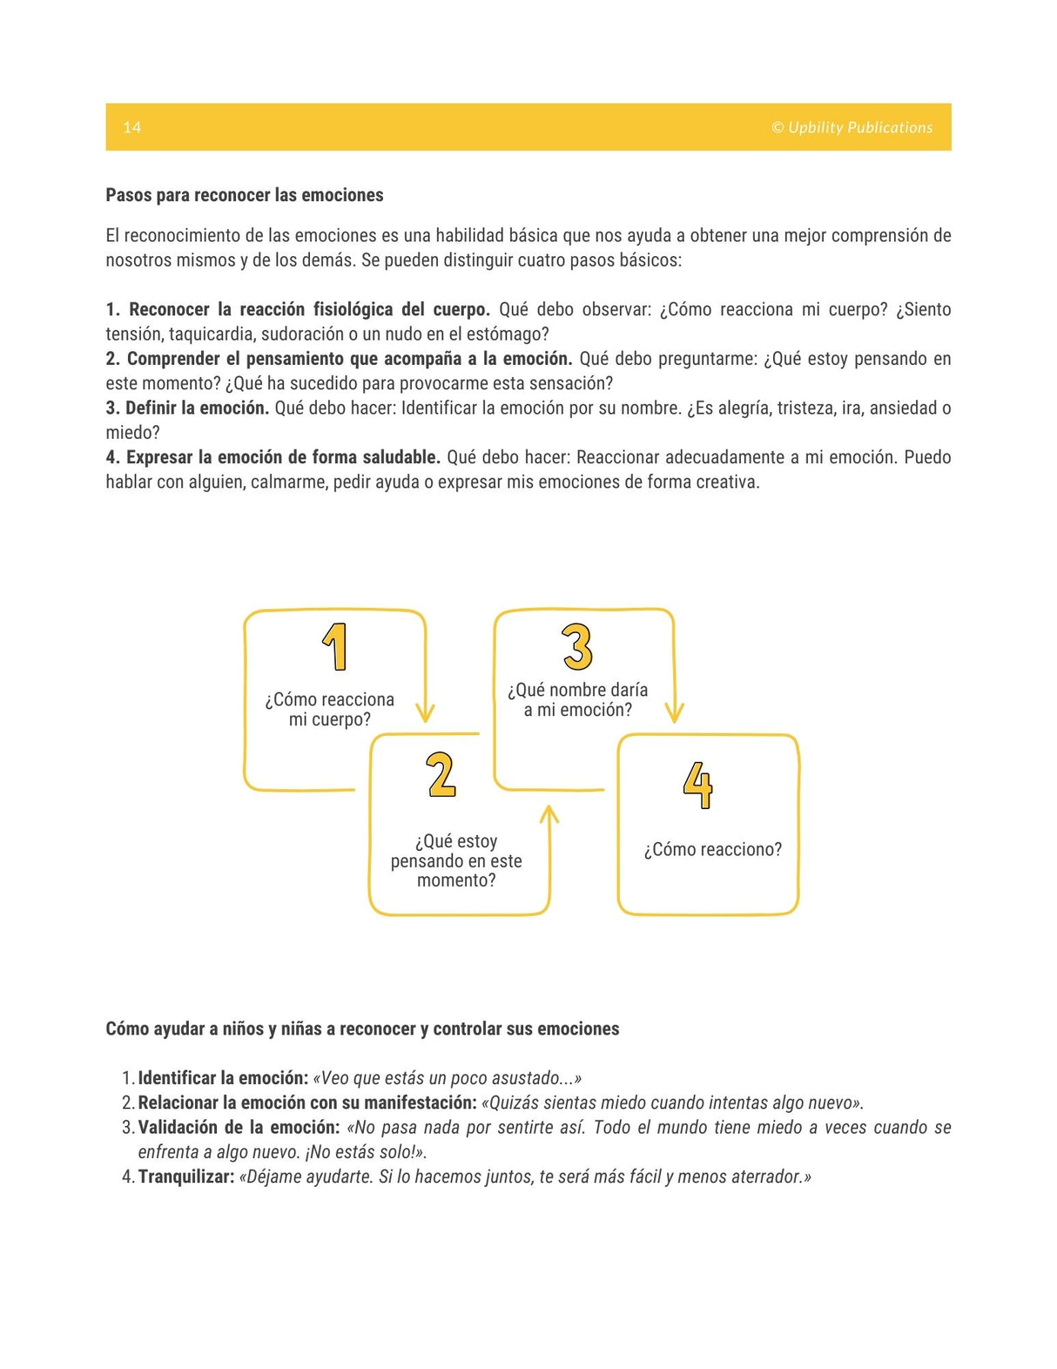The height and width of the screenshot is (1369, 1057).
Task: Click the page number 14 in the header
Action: point(131,128)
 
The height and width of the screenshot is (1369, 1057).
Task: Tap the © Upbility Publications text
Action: point(851,128)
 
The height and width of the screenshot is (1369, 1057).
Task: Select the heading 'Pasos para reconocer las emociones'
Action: point(244,195)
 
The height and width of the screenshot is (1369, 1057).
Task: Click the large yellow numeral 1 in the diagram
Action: point(335,647)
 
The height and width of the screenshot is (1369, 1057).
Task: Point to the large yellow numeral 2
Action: point(441,775)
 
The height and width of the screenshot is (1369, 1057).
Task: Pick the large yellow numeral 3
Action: point(577,647)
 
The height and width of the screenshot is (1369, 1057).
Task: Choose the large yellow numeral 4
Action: point(697,785)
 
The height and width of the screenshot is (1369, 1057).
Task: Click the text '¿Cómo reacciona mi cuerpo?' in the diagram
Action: point(329,710)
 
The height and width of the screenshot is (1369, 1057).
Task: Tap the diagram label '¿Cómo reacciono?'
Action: point(712,850)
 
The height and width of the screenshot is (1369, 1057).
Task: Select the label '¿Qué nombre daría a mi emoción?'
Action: point(577,700)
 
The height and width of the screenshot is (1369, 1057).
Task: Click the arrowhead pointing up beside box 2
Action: point(549,814)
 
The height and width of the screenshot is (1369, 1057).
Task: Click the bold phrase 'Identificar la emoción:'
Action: point(223,1078)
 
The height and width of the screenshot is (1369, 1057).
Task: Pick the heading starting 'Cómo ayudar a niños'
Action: point(362,1029)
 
